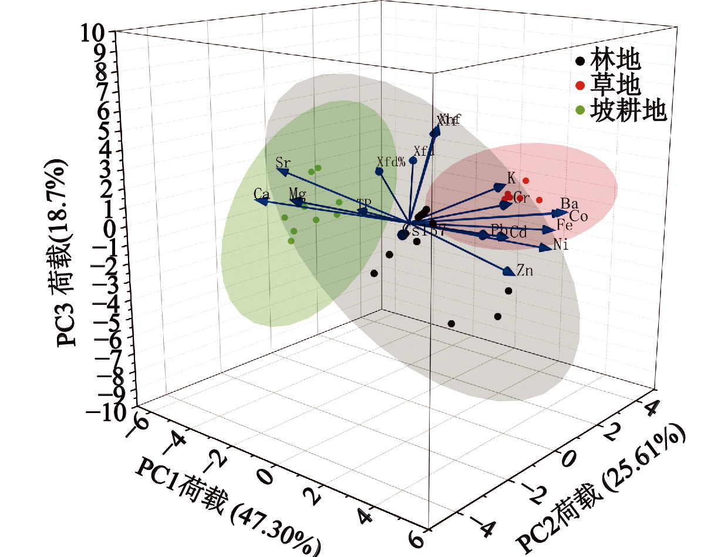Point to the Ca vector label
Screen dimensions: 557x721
pyautogui.click(x=261, y=193)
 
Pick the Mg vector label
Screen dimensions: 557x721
pyautogui.click(x=297, y=193)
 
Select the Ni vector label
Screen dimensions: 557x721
pyautogui.click(x=561, y=246)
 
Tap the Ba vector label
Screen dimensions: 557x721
pyautogui.click(x=570, y=203)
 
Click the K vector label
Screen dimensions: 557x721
pyautogui.click(x=511, y=178)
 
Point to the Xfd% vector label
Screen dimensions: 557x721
pyautogui.click(x=391, y=161)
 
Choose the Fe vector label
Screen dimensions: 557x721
pyautogui.click(x=565, y=225)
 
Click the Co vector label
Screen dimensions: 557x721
pyautogui.click(x=578, y=216)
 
